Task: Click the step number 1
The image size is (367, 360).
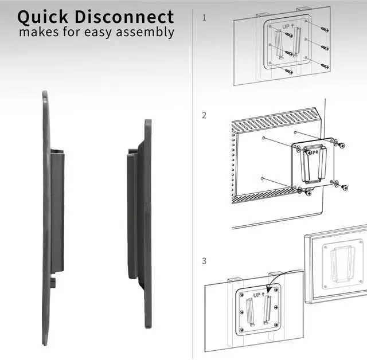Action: click(x=204, y=18)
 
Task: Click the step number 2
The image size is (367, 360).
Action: click(x=204, y=115)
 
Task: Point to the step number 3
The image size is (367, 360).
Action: click(x=204, y=261)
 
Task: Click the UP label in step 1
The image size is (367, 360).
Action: click(x=286, y=26)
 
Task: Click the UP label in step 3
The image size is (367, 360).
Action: click(x=256, y=294)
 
